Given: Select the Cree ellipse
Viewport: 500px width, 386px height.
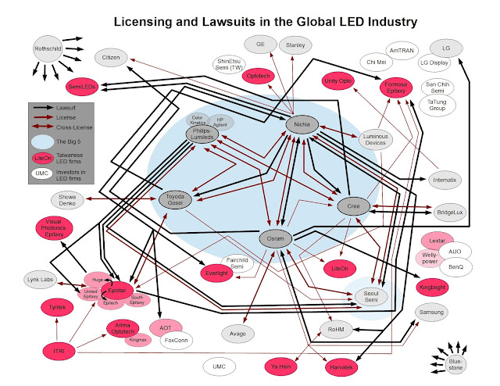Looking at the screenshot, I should pyautogui.click(x=352, y=206).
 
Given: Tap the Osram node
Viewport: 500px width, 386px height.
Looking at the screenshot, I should pyautogui.click(x=275, y=239).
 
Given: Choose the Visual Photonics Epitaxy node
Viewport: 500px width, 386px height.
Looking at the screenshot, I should pyautogui.click(x=55, y=231).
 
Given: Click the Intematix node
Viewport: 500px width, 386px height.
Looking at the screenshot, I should pyautogui.click(x=448, y=180).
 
